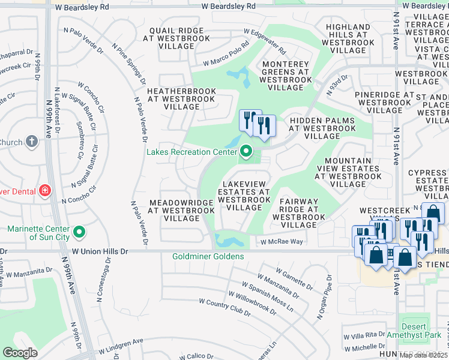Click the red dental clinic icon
tap(44, 191)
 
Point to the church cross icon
tap(32, 142)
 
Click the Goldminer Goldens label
tap(208, 257)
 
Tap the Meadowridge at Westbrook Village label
tap(182, 211)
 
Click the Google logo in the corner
tap(20, 353)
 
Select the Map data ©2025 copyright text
tap(423, 355)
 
